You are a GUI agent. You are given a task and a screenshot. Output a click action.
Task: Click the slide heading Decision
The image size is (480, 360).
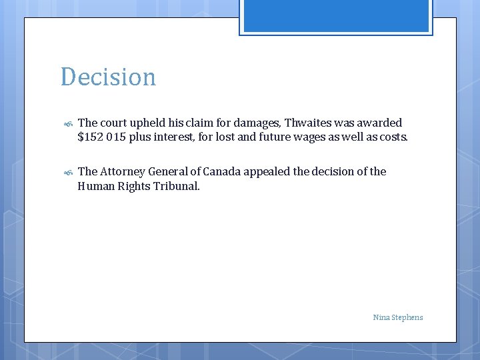coord(108,77)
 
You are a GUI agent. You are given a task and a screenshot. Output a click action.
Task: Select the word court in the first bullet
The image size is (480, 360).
coord(113,123)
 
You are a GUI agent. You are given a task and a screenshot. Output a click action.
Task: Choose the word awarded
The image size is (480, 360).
coord(379,123)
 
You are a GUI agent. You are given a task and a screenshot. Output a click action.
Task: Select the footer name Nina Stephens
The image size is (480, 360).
coord(398,317)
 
